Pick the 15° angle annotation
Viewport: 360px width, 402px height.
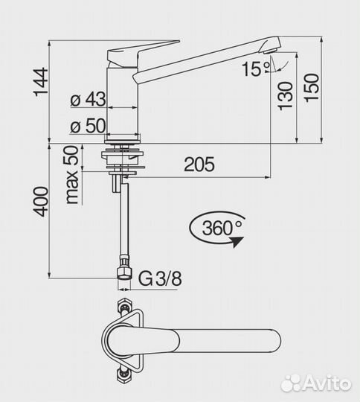coord(255,69)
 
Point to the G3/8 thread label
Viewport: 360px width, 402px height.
coord(160,278)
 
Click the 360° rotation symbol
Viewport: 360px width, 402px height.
coord(217,228)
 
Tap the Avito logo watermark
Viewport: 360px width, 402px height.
coord(315,382)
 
